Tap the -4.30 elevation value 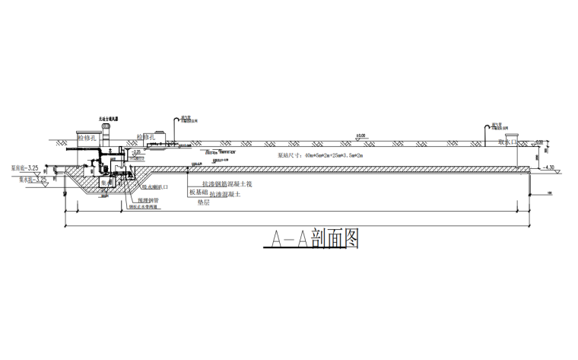pos(550,167)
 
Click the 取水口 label pos(507,142)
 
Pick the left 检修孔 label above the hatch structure pos(88,138)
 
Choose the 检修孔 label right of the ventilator pos(146,137)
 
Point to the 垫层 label pos(203,203)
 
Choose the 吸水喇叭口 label pos(155,186)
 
